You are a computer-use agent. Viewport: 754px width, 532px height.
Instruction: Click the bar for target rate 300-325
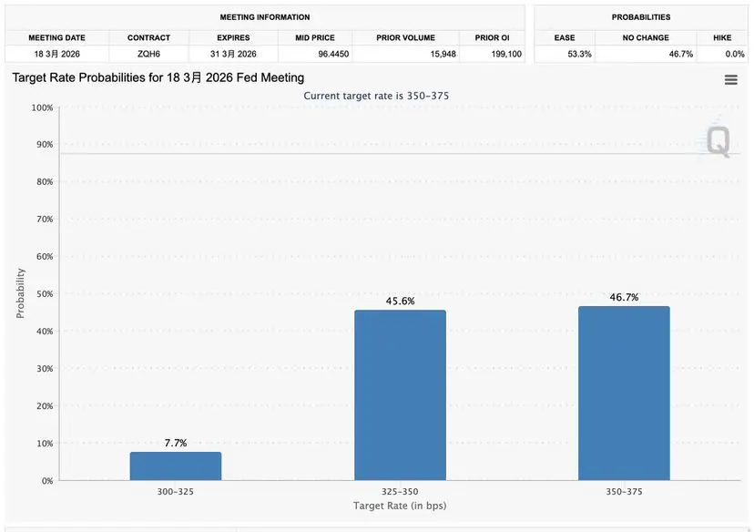[176, 465]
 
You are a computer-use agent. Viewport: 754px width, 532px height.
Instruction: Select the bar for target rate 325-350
[400, 395]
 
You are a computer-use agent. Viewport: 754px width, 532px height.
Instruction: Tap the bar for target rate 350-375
[624, 393]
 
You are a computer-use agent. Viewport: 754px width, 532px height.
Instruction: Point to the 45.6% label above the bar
[400, 301]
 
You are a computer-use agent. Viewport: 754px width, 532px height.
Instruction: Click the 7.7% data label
[176, 443]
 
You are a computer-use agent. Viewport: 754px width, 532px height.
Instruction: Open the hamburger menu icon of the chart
[730, 80]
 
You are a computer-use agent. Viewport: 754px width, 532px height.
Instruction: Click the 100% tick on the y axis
[42, 107]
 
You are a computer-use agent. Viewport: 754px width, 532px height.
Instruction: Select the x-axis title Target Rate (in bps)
[400, 506]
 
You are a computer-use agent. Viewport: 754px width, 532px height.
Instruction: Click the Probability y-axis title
[20, 293]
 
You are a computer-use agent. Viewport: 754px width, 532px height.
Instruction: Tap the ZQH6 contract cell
[148, 55]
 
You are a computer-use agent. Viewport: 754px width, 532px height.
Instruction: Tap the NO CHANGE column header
[646, 38]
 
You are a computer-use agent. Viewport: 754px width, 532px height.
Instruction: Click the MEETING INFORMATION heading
[265, 17]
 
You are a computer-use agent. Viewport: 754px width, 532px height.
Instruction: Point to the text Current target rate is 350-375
[376, 96]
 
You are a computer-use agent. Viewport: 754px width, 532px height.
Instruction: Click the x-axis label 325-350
[400, 490]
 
